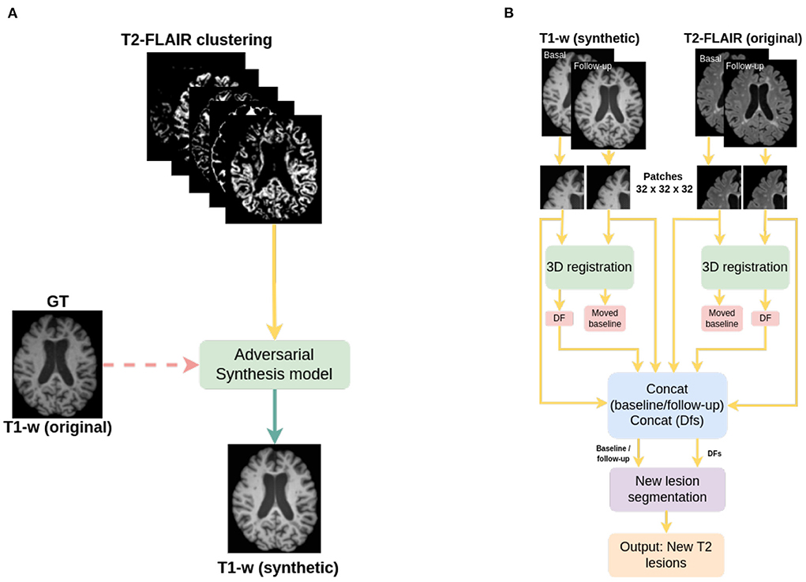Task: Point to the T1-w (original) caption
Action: [58, 427]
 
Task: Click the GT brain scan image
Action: [58, 364]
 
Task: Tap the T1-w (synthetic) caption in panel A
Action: [273, 566]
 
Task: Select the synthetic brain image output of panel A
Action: [273, 498]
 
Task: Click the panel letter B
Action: [508, 13]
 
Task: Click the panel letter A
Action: [13, 13]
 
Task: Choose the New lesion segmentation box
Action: [667, 489]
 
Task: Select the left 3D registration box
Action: [589, 267]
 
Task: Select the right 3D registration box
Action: [745, 267]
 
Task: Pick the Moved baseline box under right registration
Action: [721, 317]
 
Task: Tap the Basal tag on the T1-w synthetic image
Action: [555, 55]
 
